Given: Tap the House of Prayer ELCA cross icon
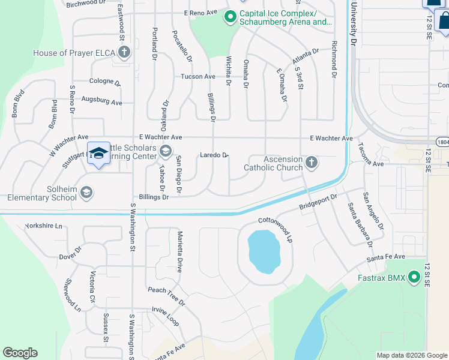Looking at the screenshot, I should [124, 53].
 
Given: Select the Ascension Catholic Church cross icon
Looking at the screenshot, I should [311, 162].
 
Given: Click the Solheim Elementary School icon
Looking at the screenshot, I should [86, 192].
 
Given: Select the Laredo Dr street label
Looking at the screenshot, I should [214, 155].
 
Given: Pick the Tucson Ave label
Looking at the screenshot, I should [198, 77].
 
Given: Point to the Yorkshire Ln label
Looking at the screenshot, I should [43, 226].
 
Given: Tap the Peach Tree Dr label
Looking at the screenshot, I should [165, 293].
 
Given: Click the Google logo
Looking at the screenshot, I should [20, 353].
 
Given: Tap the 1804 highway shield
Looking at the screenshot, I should [443, 142].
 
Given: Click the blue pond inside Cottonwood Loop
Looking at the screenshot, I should [263, 250].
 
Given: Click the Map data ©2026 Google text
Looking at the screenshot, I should [411, 355].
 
